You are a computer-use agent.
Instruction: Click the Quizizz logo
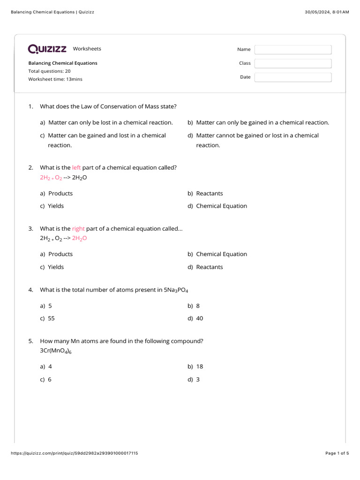click(x=47, y=49)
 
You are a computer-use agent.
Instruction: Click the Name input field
click(x=292, y=50)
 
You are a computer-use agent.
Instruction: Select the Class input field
click(x=292, y=63)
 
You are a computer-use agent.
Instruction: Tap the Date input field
click(x=292, y=77)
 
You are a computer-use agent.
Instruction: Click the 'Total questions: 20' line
click(x=49, y=71)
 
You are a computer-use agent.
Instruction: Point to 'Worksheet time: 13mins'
click(x=55, y=79)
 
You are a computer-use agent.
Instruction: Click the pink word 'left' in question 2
click(x=76, y=167)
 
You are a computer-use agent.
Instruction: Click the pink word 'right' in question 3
click(x=78, y=229)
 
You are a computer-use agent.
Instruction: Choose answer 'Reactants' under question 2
click(x=209, y=194)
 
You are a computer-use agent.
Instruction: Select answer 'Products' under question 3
click(x=60, y=254)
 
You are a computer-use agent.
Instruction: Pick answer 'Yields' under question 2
click(x=56, y=206)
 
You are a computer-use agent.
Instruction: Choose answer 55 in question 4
click(x=51, y=318)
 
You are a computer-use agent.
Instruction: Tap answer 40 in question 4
click(x=199, y=318)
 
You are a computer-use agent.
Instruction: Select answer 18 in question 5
click(x=199, y=367)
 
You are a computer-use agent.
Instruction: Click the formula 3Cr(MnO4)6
click(x=56, y=351)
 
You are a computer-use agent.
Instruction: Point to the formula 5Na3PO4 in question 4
click(x=176, y=290)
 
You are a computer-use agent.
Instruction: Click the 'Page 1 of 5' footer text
click(x=337, y=453)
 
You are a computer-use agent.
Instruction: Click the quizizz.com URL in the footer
click(x=74, y=453)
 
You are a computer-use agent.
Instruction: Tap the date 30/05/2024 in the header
click(x=317, y=12)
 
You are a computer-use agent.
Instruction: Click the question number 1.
click(x=30, y=106)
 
